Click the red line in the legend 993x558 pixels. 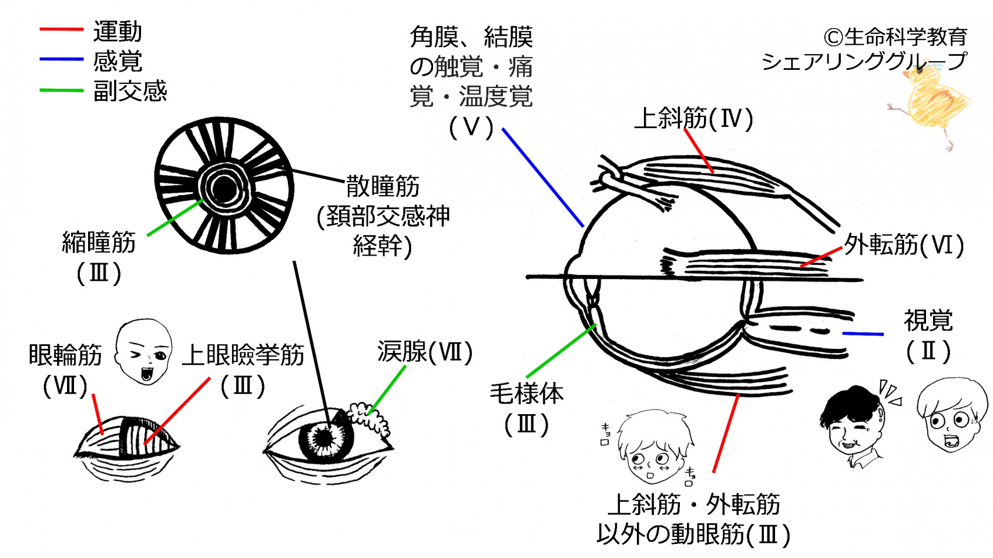click(61, 29)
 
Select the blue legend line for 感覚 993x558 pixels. click(61, 59)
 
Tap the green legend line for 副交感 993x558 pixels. click(61, 90)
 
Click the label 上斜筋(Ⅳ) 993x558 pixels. click(693, 118)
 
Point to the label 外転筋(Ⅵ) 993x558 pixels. click(904, 244)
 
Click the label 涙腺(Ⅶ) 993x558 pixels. click(425, 352)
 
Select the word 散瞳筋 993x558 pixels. click(383, 186)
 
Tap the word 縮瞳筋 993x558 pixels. click(99, 242)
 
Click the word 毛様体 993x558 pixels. click(526, 393)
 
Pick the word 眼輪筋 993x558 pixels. click(65, 355)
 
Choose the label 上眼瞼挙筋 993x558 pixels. click(243, 355)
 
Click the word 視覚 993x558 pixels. click(928, 321)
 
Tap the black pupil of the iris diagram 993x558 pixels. click(224, 189)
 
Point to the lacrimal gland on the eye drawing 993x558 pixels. click(369, 416)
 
